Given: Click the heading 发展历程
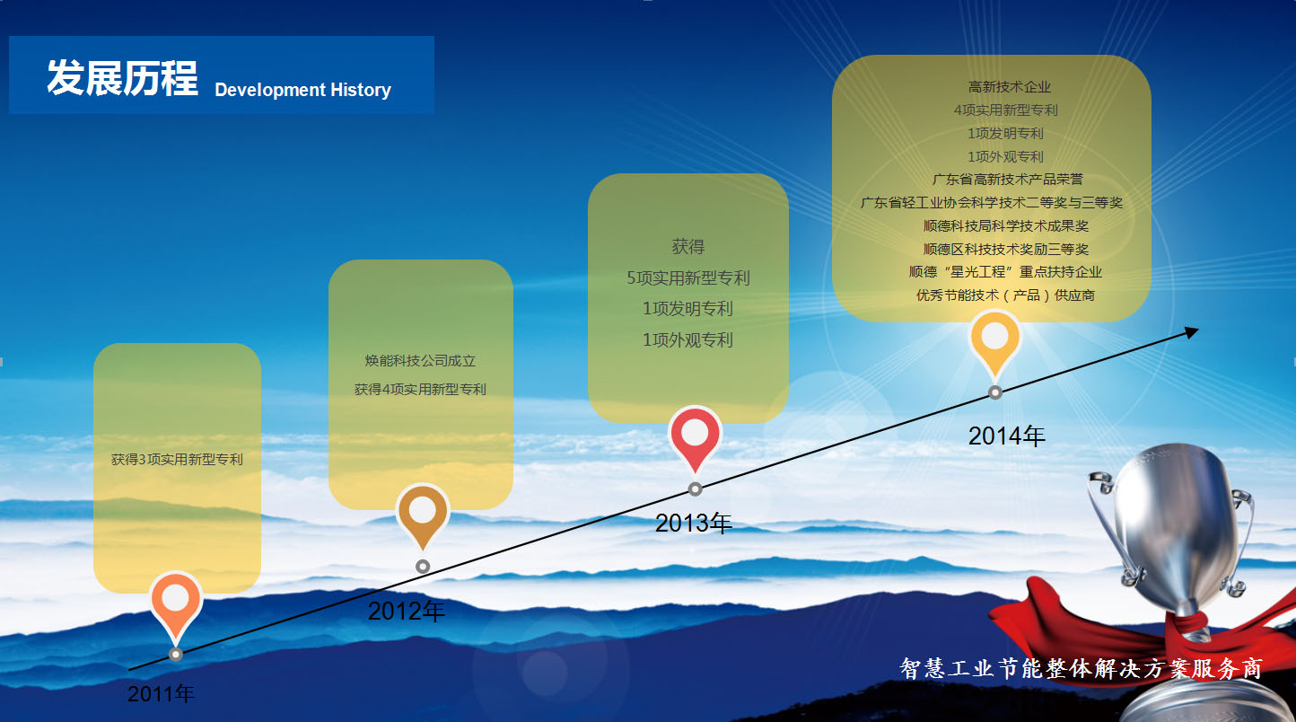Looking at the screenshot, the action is [122, 77].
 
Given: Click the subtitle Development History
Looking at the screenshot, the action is [302, 90].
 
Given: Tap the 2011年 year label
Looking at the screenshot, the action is [161, 693].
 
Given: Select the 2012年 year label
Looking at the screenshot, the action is [407, 611].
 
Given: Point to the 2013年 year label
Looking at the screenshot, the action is [693, 524].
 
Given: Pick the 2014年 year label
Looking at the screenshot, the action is [1007, 436].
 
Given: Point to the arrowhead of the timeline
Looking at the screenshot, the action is [1192, 332].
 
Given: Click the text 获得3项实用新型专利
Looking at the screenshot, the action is [177, 460].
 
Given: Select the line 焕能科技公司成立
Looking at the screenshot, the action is [420, 361].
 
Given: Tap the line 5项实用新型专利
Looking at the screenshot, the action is [687, 277].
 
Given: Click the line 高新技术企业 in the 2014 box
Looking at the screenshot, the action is [1009, 87].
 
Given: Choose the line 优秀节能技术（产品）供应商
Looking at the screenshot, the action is [1005, 295].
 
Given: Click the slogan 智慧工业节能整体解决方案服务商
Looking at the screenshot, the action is [1081, 668].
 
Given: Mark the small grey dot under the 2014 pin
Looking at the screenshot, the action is [994, 392].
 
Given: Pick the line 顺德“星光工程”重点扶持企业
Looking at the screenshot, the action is [1005, 272].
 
